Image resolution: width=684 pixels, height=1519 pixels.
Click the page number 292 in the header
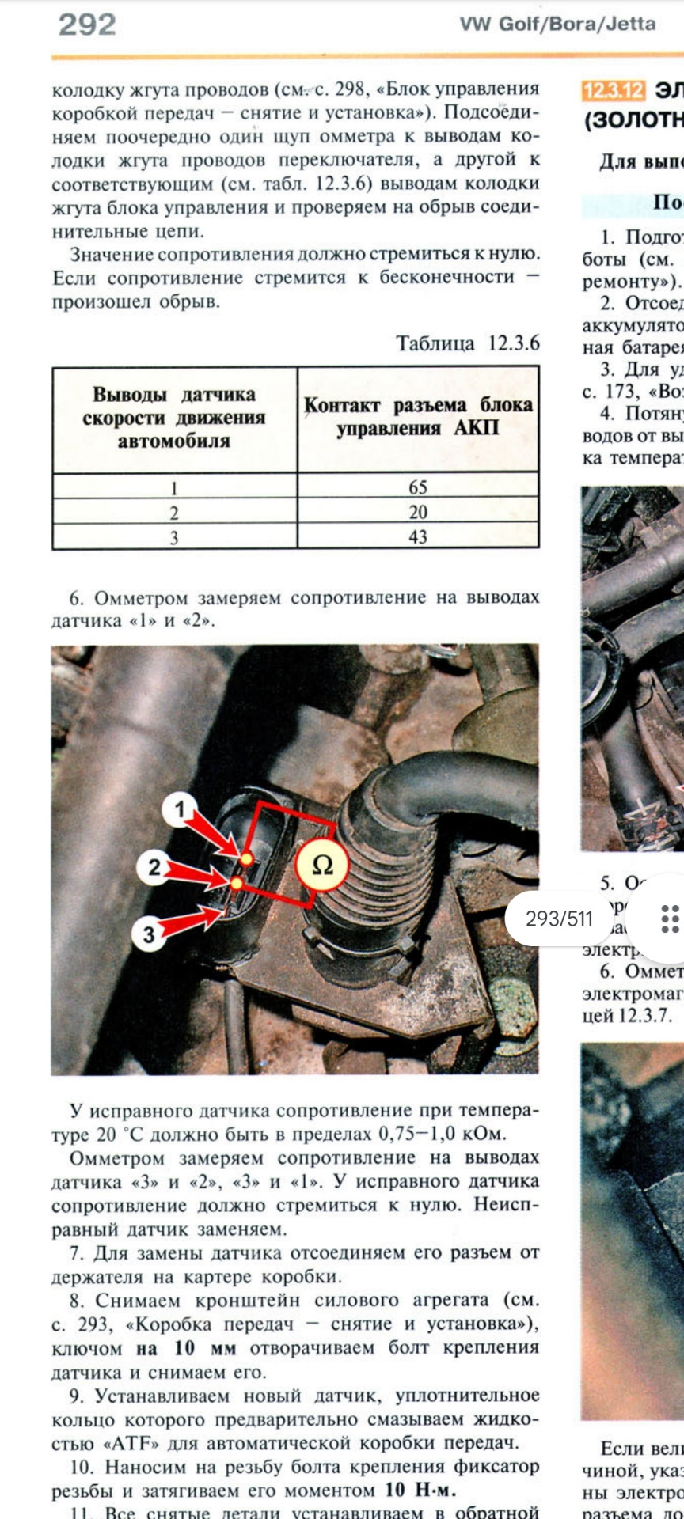[87, 25]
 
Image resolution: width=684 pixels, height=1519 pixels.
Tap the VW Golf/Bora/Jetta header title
[557, 25]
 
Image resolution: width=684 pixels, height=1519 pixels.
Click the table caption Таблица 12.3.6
[467, 344]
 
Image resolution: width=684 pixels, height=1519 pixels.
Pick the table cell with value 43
[418, 536]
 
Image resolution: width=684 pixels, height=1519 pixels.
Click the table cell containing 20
[418, 512]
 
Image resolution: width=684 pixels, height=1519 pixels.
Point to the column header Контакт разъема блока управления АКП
[418, 417]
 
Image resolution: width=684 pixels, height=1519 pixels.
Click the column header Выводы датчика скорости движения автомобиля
[174, 418]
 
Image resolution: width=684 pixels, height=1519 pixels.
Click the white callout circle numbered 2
[154, 868]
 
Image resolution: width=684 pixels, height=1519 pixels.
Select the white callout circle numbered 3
[149, 934]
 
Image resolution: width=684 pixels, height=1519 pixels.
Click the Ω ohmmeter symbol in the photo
[322, 866]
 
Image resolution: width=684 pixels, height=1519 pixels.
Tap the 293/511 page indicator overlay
[559, 919]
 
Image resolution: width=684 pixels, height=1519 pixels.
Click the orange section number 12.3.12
[613, 91]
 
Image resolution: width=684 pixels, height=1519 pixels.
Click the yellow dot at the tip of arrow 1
[246, 858]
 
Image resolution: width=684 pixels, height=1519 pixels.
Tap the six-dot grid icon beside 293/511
[670, 919]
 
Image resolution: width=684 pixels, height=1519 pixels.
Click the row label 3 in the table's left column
[174, 537]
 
